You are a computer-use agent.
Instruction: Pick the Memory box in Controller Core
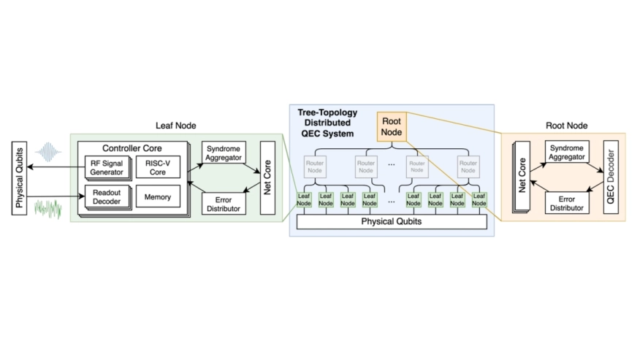tap(157, 197)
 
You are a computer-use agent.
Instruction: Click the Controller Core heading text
tap(132, 149)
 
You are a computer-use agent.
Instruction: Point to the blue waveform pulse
tap(50, 152)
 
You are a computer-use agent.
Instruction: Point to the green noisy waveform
tap(50, 208)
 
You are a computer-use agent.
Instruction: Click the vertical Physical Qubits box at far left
tap(20, 176)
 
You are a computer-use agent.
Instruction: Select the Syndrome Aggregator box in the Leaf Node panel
tap(224, 153)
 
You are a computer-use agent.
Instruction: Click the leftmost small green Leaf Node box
tap(305, 199)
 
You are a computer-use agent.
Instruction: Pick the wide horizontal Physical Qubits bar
tap(391, 221)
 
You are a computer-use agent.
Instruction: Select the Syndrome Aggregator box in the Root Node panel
tap(566, 153)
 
